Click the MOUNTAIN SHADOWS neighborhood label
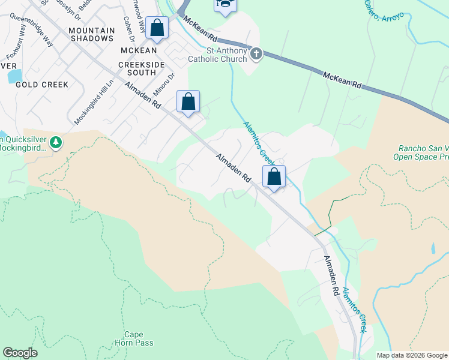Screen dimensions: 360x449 [x=91, y=34]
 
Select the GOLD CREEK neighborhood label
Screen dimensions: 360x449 [x=42, y=85]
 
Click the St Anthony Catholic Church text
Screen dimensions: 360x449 [x=217, y=55]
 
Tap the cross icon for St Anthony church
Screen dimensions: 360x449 [x=256, y=54]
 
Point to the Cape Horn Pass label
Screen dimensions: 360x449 [x=134, y=338]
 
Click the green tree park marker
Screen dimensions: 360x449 [x=56, y=142]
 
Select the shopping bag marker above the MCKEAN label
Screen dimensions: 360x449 [x=157, y=28]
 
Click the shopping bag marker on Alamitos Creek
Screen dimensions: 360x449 [x=274, y=176]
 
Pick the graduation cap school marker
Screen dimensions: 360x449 [x=225, y=5]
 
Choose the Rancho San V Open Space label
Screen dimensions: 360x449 [x=420, y=153]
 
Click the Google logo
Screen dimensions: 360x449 [x=20, y=353]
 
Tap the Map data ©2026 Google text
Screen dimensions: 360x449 [x=412, y=355]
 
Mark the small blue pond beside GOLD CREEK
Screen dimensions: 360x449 [x=14, y=76]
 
